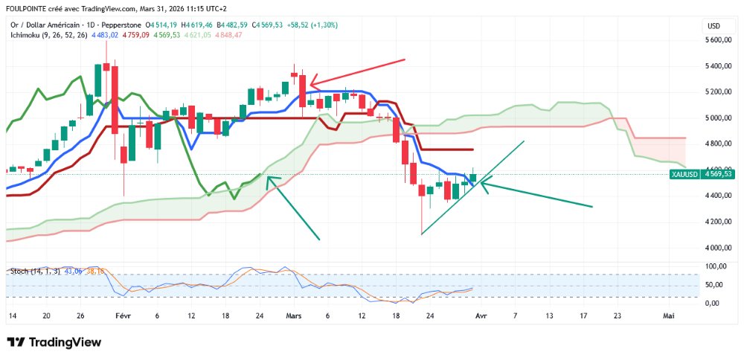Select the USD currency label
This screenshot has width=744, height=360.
[x=713, y=26]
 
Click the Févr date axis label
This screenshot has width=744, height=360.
[x=123, y=315]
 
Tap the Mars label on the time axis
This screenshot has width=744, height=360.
[x=294, y=315]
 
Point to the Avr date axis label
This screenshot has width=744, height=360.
[x=480, y=315]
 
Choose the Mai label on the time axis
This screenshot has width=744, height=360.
[x=669, y=315]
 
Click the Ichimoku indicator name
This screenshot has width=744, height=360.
[x=27, y=35]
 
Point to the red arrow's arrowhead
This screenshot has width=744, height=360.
[x=312, y=83]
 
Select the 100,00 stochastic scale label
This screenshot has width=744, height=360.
[x=716, y=266]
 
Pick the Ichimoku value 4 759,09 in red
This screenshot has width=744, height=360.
[x=136, y=35]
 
